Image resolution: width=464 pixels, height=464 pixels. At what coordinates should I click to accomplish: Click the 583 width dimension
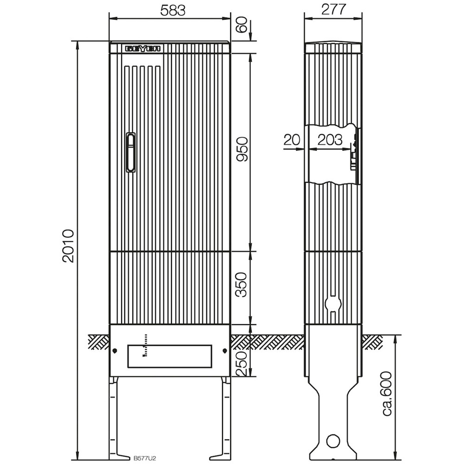point(169,10)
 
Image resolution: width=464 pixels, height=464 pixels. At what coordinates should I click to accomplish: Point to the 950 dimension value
point(242,149)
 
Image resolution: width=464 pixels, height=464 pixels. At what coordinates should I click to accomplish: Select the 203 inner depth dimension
point(330,140)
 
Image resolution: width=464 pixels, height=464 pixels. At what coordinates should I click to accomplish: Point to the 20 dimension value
point(292,140)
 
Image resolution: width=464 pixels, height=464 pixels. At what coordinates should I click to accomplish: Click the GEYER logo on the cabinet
point(142,48)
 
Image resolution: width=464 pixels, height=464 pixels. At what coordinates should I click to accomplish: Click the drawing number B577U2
point(145,458)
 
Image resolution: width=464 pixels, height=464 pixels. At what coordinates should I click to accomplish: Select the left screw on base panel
point(114,351)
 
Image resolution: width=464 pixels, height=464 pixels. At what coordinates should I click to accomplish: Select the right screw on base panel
point(225,351)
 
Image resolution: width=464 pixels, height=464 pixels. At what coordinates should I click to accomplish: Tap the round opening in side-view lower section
point(332,303)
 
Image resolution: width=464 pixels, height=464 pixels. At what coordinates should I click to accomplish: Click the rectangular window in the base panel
point(169,356)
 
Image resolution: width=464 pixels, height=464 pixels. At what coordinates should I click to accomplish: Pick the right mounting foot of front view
point(226,418)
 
